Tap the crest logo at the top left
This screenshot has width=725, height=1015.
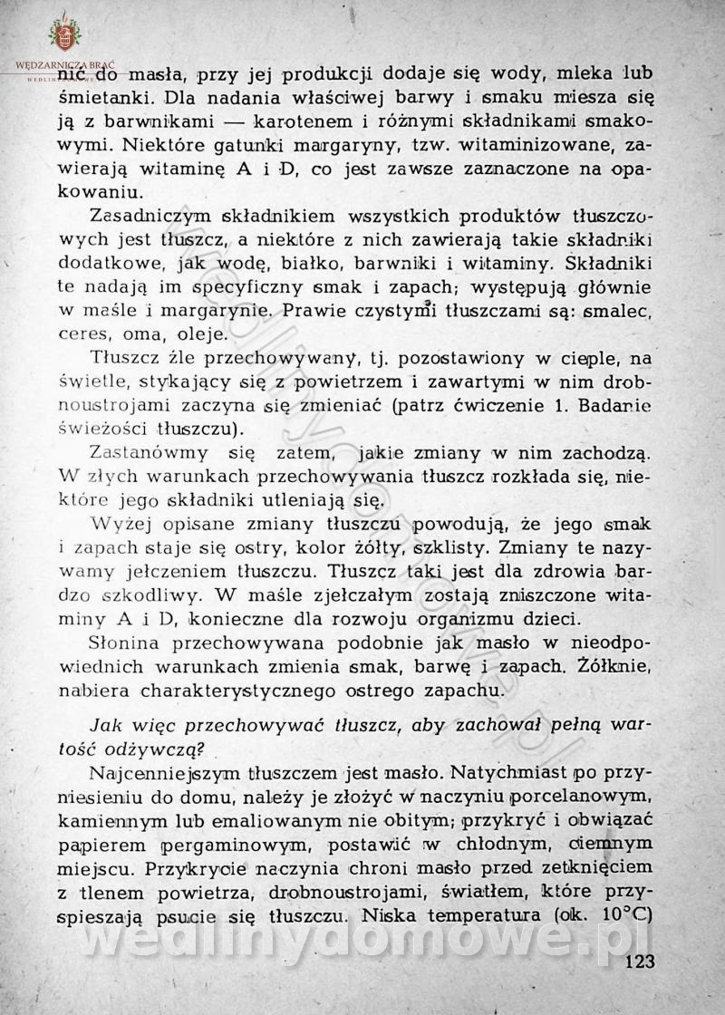click(x=64, y=34)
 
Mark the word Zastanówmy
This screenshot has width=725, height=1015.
click(x=149, y=451)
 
